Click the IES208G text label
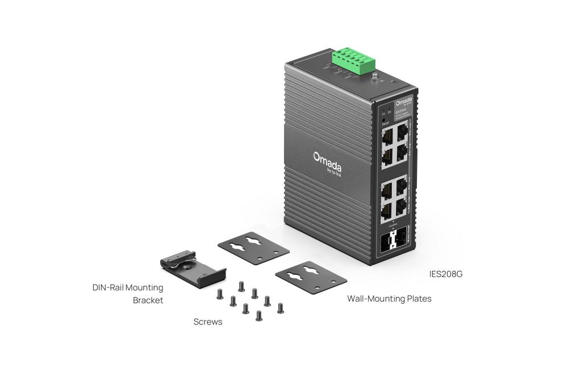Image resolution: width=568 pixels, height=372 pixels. click(x=446, y=274)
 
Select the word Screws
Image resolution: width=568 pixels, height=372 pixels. click(x=208, y=322)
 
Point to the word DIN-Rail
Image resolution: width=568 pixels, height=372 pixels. click(x=108, y=287)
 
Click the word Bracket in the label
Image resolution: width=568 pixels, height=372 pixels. click(x=148, y=300)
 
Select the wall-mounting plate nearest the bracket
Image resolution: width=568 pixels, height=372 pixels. click(x=253, y=248)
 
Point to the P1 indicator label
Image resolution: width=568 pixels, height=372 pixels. click(x=384, y=113)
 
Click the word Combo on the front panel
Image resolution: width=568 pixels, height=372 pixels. click(x=393, y=226)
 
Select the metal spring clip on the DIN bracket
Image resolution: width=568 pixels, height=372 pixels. click(x=181, y=260)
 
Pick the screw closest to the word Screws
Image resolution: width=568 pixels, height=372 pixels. click(x=220, y=294)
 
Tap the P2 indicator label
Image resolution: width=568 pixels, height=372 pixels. click(x=390, y=112)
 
